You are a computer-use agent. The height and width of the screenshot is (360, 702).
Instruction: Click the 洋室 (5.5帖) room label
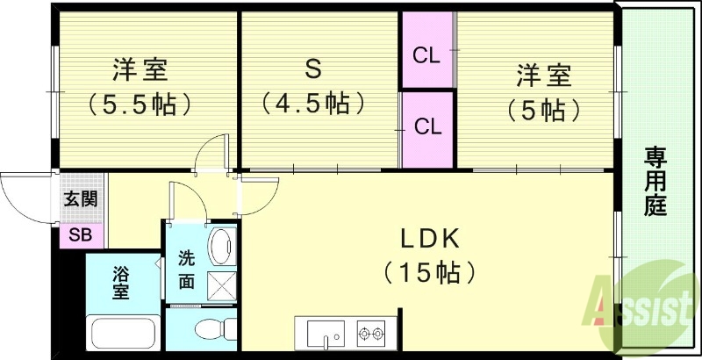coord(140,89)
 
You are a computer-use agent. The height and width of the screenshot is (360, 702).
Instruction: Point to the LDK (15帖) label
coord(430,255)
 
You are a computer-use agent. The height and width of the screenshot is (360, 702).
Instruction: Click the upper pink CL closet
coord(426,54)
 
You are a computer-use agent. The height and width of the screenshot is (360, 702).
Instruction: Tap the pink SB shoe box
coord(81,235)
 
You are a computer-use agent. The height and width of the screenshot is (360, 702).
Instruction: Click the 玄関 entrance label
coord(81,199)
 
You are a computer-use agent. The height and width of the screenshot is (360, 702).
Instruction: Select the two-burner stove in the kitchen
coord(371,335)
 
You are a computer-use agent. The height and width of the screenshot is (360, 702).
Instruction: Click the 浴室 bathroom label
coord(120,284)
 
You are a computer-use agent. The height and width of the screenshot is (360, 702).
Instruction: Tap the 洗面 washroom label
coord(187,270)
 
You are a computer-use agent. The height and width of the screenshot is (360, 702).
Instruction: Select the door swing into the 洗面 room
coord(186,202)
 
